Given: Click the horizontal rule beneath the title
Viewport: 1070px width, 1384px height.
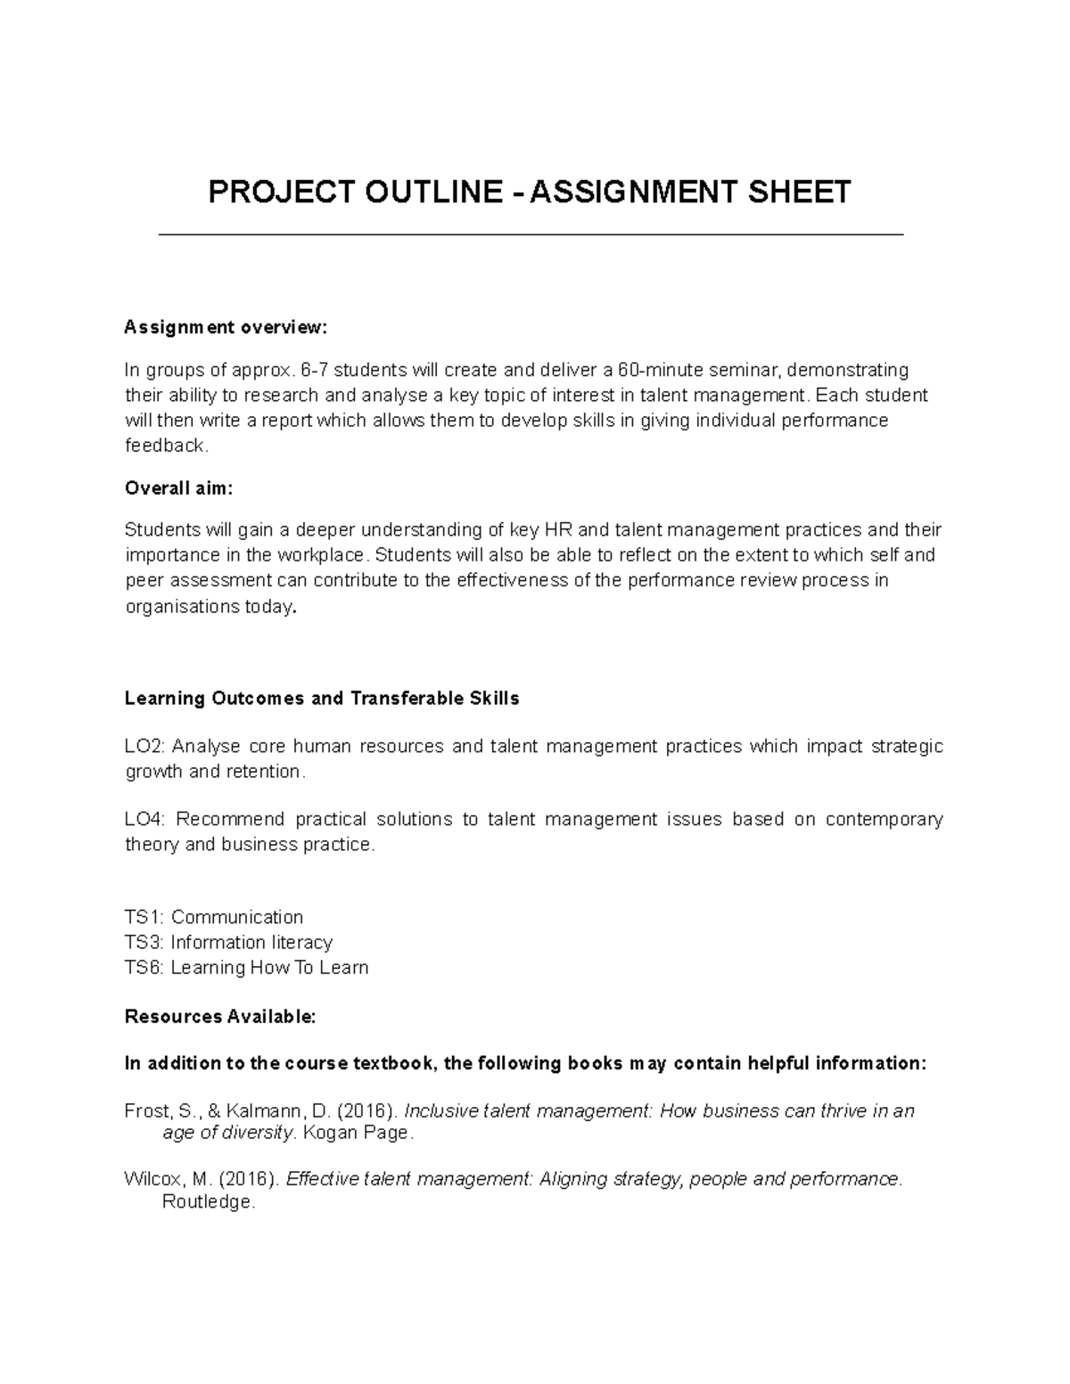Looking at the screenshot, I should pyautogui.click(x=531, y=234).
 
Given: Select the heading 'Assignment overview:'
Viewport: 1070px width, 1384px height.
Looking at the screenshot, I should pyautogui.click(x=226, y=328).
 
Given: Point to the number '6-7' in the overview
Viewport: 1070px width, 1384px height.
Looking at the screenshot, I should pyautogui.click(x=316, y=370).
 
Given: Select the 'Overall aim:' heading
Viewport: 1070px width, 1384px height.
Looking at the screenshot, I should pyautogui.click(x=178, y=488).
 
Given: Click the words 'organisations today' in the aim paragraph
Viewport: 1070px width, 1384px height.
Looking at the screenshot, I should pyautogui.click(x=209, y=607).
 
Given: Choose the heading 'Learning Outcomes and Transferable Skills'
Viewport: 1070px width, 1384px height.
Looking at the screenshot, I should pyautogui.click(x=321, y=699).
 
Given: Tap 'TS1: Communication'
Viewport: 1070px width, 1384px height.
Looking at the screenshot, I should pyautogui.click(x=214, y=917).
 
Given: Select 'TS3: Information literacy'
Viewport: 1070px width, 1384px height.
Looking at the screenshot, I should pyautogui.click(x=228, y=942).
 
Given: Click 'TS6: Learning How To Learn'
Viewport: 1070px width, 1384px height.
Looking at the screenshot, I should pyautogui.click(x=246, y=968).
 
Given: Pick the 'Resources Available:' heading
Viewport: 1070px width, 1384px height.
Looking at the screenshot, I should pyautogui.click(x=220, y=1017).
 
